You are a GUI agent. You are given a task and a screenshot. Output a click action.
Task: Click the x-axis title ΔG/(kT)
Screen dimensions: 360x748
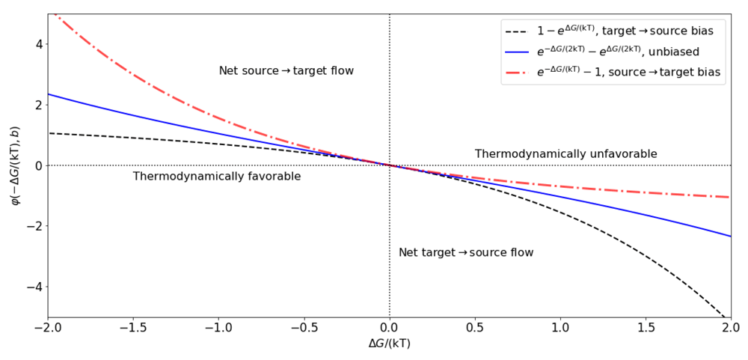coord(390,344)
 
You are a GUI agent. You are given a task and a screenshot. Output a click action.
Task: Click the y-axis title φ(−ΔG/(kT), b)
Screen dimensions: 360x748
coord(13,165)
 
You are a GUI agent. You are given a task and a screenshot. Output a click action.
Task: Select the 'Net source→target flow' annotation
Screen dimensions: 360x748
coord(286,71)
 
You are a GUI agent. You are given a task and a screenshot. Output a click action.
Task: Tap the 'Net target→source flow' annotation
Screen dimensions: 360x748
coord(466,253)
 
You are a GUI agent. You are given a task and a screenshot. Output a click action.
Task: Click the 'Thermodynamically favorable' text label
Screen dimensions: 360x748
coord(217,177)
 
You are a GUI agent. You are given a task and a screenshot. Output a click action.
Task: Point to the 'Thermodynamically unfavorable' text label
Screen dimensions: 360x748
coord(566,154)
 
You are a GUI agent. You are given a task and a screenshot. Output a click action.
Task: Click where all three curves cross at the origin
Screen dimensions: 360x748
coord(390,165)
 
